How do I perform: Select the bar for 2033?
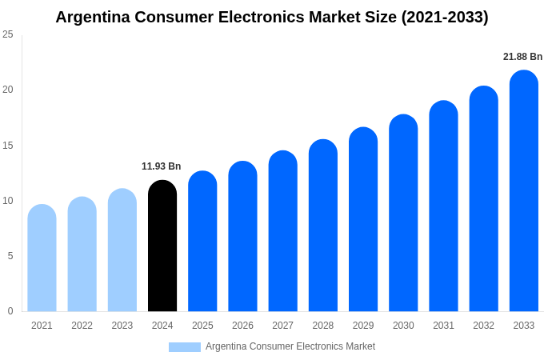(524, 192)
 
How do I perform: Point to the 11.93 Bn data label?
(162, 166)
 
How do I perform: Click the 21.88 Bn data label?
(522, 57)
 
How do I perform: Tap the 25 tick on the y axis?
(8, 34)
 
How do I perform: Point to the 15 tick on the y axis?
(8, 145)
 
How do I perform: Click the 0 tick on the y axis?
(10, 311)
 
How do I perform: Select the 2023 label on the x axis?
(122, 326)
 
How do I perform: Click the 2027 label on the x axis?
(282, 326)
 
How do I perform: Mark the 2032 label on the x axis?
(483, 326)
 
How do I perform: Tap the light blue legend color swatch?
(184, 347)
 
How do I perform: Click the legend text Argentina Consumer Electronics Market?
(290, 346)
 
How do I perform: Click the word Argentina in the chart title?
(92, 17)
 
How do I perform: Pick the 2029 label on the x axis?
(363, 326)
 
